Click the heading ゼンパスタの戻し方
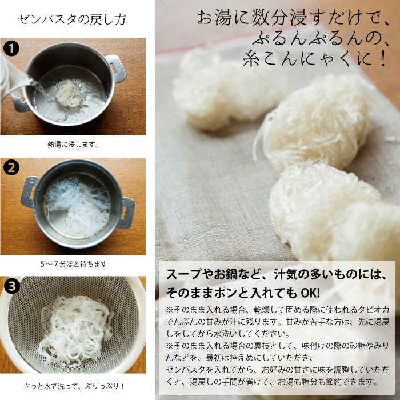coord(72,20)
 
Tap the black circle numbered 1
coord(11,48)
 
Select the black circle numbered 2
coord(11,167)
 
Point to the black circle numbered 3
coord(12,286)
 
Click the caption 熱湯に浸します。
coord(73,145)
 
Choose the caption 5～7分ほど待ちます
coord(74,264)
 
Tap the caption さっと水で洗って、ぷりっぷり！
coord(74,386)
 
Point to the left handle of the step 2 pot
coord(29,191)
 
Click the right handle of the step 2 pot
coord(126,213)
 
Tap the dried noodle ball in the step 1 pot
coord(68,93)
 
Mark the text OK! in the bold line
coord(310,293)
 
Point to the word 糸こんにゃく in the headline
coord(299,59)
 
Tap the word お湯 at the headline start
coord(214,18)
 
